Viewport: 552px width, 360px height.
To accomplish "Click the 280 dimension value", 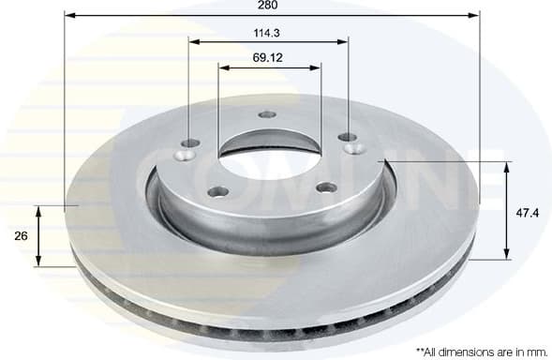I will point(271,6).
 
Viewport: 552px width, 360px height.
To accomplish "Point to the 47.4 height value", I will point(528,213).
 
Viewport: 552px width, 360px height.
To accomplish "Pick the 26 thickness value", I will point(21,235).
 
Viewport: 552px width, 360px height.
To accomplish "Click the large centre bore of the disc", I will point(266,156).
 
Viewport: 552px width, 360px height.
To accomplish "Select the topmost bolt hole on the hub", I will point(267,114).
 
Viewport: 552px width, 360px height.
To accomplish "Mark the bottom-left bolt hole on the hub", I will point(218,192).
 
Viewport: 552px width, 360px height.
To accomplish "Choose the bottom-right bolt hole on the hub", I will point(324,187).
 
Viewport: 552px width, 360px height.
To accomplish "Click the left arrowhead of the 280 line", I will point(69,17).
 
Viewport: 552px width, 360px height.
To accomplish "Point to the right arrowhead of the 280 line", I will point(474,17).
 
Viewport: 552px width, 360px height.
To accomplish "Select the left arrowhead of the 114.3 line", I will point(193,41).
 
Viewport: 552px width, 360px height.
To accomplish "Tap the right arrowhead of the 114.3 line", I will point(345,41).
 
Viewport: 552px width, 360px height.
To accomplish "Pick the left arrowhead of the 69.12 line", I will point(222,66).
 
